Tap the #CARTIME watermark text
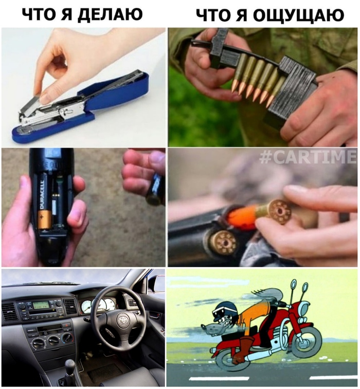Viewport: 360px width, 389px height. pyautogui.click(x=307, y=158)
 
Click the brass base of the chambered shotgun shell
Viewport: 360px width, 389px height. pyautogui.click(x=225, y=242)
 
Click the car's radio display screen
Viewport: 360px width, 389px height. pyautogui.click(x=42, y=305)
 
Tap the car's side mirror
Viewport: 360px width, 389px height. pyautogui.click(x=157, y=284)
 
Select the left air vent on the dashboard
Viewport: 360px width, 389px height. pyautogui.click(x=10, y=311)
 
